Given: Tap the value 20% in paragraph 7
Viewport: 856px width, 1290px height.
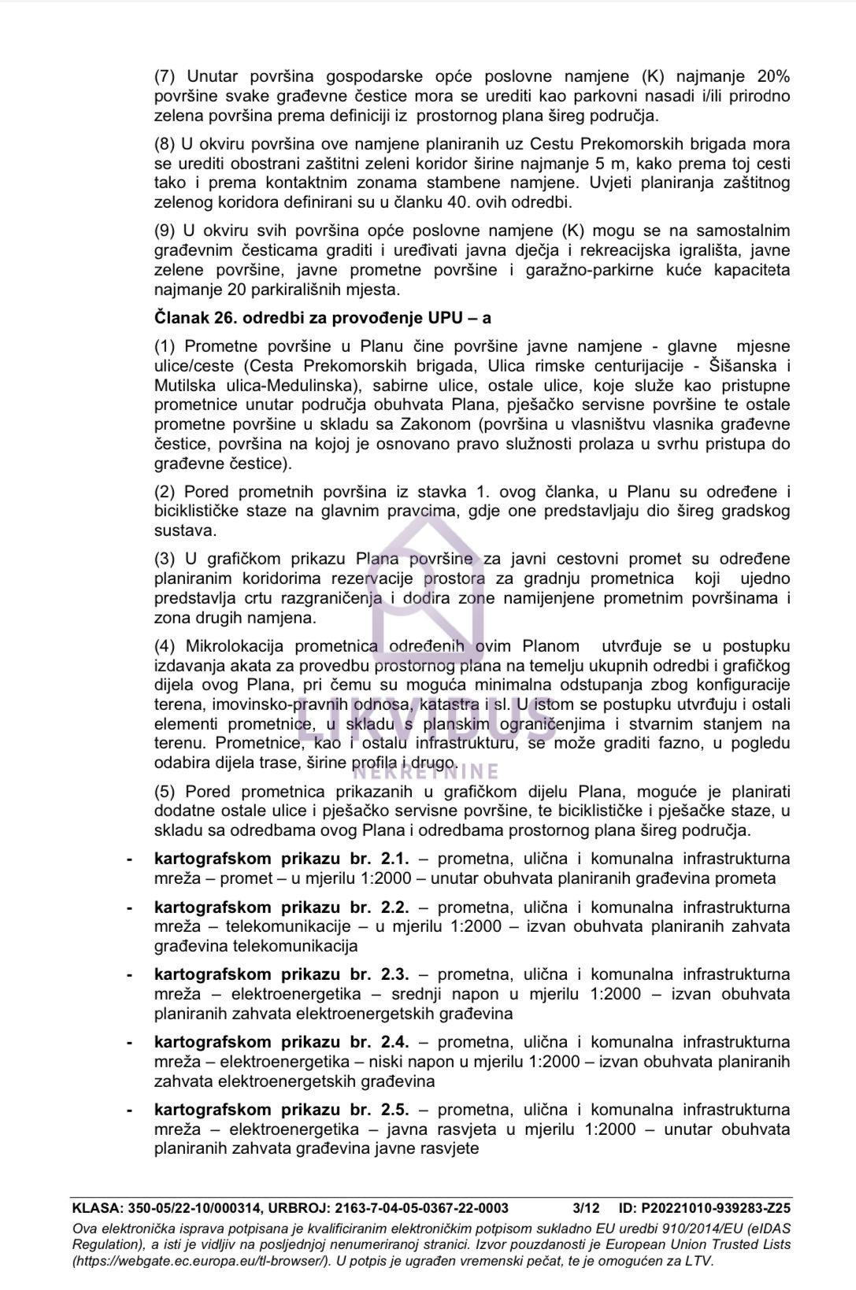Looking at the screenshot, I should (773, 76).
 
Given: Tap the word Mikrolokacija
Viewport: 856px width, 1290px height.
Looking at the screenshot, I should (235, 646).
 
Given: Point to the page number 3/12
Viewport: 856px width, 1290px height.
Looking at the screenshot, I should (586, 1208).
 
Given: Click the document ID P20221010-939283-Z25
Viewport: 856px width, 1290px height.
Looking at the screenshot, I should (717, 1208).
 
